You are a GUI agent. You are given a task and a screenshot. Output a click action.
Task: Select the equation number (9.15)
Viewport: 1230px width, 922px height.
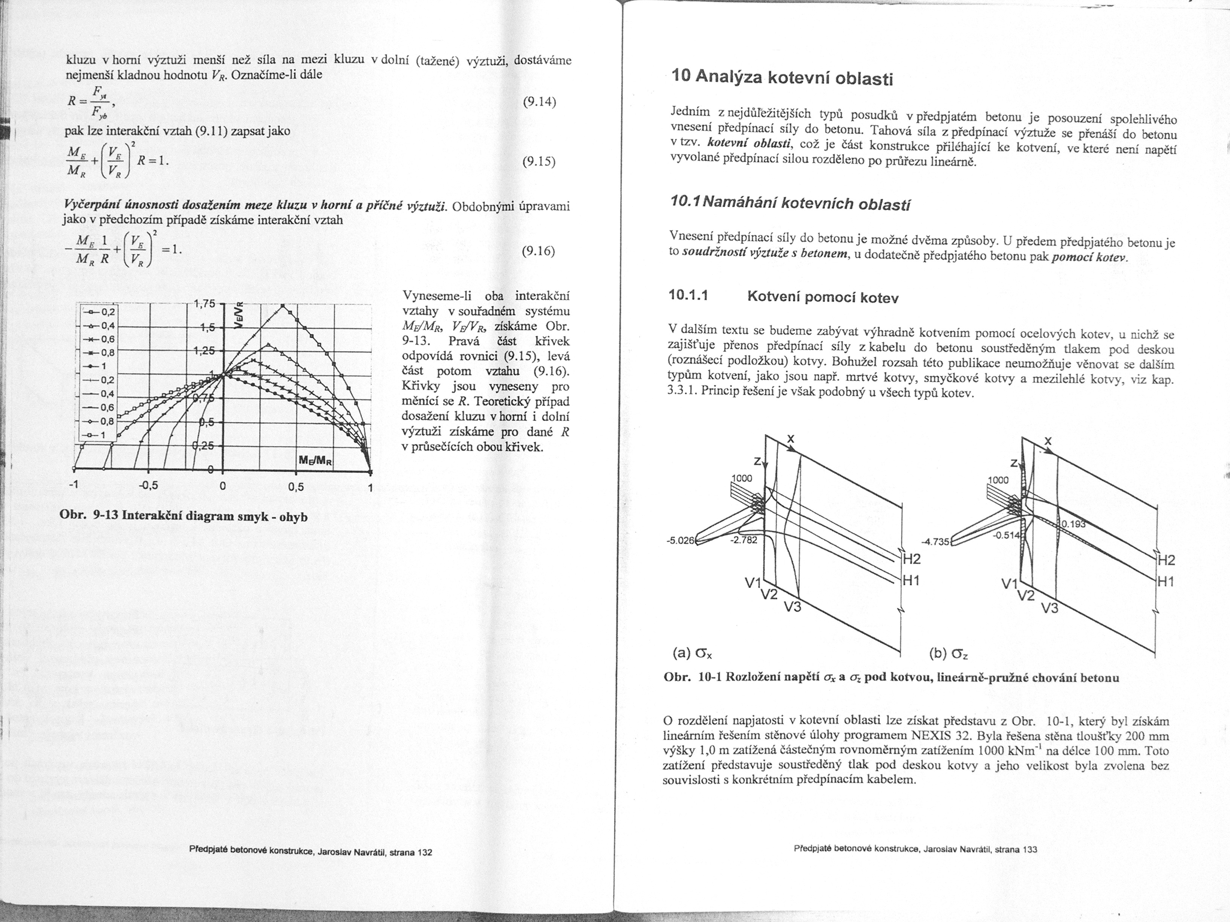(539, 162)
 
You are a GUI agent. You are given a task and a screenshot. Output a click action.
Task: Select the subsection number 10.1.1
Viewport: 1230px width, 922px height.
(688, 295)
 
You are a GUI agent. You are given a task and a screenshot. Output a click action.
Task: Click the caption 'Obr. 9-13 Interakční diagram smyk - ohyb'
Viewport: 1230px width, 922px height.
(184, 516)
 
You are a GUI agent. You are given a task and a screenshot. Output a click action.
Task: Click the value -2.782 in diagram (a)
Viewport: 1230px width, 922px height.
(744, 540)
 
